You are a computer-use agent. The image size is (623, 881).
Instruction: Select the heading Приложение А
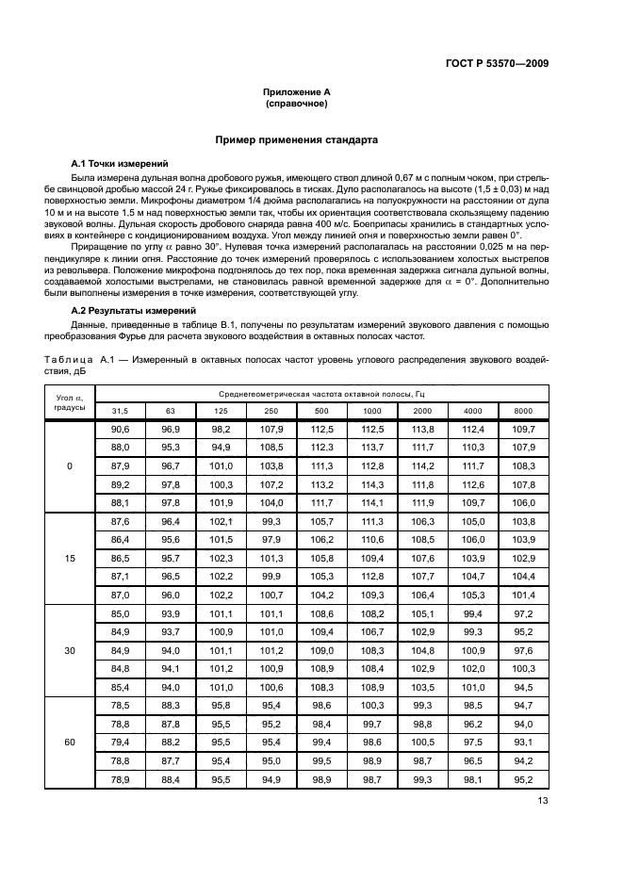297,92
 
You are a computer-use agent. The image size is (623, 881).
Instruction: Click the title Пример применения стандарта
297,139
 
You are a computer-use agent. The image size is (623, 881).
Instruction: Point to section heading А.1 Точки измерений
114,163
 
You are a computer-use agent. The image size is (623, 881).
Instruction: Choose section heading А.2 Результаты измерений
126,310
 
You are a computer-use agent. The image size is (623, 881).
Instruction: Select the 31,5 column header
121,411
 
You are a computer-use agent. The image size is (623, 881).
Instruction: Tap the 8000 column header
523,411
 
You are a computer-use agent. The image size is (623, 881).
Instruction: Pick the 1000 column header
372,411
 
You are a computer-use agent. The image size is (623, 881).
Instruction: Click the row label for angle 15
69,559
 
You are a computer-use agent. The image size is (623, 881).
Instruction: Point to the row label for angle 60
69,742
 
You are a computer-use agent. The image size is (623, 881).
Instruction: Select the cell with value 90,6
121,430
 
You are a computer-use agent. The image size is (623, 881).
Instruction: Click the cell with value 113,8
423,430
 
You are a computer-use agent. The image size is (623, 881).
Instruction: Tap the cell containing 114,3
372,484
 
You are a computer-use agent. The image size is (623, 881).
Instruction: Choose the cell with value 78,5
121,706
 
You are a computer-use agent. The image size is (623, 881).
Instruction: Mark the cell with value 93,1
523,742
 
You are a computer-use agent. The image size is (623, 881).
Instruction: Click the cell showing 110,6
372,540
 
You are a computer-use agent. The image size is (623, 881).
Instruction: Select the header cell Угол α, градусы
69,402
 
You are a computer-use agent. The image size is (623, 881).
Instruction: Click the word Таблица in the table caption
69,359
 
